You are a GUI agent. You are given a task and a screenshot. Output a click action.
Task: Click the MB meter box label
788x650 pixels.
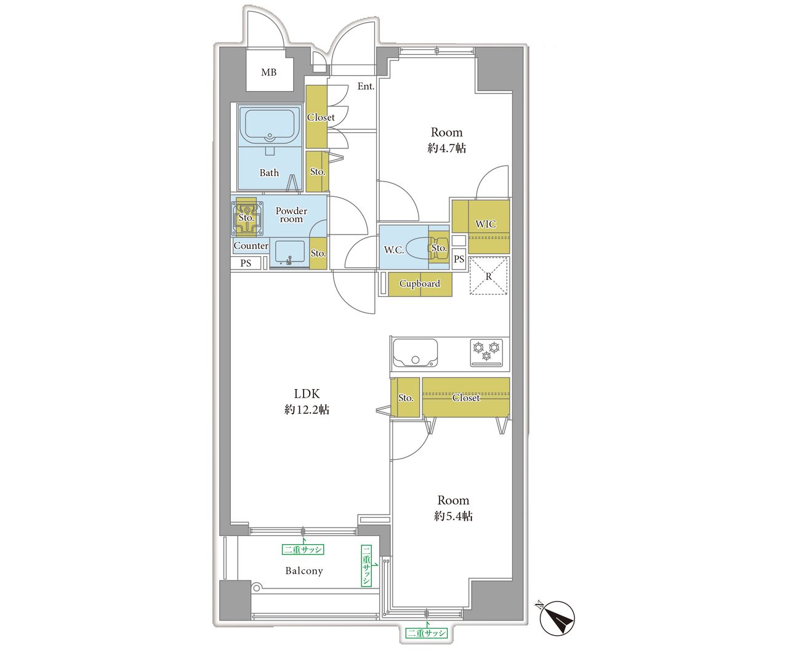coord(268,72)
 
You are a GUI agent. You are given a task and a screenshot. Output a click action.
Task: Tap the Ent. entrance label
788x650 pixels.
coord(366,86)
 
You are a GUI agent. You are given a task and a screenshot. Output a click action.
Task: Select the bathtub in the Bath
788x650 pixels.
coord(270,126)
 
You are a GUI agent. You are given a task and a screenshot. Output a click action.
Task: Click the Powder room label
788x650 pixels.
coord(291,215)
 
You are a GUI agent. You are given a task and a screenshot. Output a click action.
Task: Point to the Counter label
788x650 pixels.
coord(251,246)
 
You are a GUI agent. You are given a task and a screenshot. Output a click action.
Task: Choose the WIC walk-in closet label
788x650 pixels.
coord(486,224)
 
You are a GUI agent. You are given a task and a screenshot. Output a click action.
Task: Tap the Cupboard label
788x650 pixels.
coord(420,284)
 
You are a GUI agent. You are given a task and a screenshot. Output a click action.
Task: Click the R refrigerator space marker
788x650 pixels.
coord(488,276)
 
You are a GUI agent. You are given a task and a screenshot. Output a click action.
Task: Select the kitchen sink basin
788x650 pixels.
coord(415,353)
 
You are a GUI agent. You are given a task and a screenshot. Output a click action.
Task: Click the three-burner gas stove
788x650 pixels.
coord(486,353)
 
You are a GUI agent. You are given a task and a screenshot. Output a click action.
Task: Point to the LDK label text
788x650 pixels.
coord(307,394)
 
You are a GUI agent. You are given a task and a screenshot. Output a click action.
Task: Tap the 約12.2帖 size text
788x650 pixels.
coord(307,409)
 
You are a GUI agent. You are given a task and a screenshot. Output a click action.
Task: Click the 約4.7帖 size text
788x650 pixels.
coord(447,148)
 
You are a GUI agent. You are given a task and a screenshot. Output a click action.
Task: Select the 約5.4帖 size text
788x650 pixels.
coord(453,516)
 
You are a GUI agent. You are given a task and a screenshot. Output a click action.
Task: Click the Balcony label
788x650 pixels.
coord(304,571)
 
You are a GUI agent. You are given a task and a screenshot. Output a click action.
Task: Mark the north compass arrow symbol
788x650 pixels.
coord(557,618)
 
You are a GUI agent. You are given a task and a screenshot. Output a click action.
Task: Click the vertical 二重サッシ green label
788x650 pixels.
coord(366,565)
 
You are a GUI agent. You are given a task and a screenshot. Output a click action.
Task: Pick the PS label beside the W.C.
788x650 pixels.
coord(459,259)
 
